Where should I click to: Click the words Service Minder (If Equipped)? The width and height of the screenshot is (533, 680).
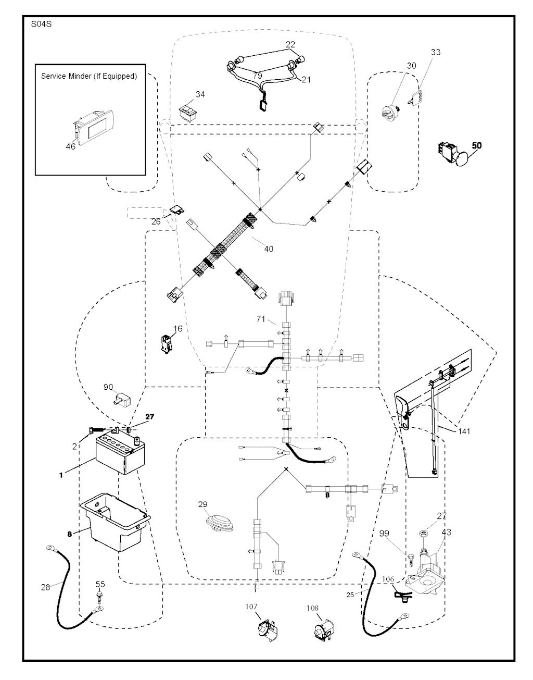pos(88,76)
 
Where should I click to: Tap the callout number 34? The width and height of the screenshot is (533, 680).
pos(200,94)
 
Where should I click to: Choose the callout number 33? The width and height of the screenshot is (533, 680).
pos(435,52)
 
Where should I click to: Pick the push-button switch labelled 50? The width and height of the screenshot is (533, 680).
pos(452,153)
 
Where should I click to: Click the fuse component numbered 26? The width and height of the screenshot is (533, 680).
pos(175,211)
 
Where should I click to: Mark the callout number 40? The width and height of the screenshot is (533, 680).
pos(268,249)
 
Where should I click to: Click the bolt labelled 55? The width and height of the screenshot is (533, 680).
pos(100,594)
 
